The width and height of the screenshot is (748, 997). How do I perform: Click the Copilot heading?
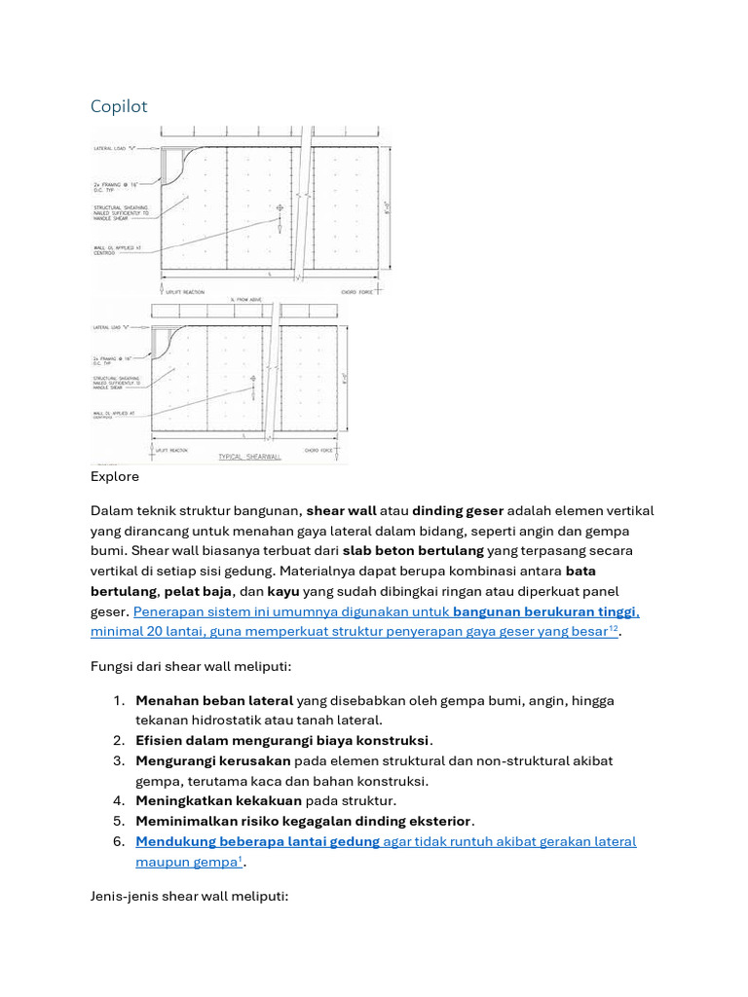119,106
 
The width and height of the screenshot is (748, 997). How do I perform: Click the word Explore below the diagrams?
115,477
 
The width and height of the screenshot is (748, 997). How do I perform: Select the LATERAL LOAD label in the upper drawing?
114,149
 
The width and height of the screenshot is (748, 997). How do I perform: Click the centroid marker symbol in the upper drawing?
280,207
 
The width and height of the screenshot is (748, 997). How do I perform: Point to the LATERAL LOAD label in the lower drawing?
114,328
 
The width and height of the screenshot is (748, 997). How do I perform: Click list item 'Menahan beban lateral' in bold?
214,700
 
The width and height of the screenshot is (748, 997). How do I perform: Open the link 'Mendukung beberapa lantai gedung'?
258,841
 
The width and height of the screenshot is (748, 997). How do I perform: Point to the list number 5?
119,822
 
